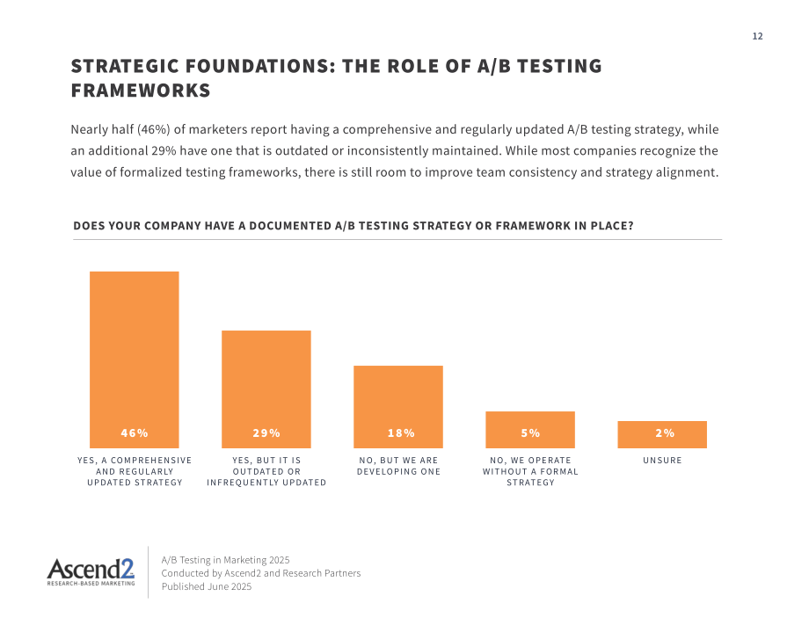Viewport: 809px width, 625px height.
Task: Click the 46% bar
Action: click(135, 360)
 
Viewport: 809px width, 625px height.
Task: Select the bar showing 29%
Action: click(266, 389)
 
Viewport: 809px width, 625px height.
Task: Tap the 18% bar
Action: click(398, 407)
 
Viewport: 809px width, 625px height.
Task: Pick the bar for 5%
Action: click(530, 430)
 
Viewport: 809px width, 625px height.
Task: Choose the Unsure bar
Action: click(662, 435)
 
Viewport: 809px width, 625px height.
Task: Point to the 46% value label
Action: click(135, 433)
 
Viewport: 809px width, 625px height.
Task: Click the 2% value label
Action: click(665, 433)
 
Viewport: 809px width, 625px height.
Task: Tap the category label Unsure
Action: click(662, 460)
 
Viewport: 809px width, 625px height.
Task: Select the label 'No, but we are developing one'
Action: click(398, 466)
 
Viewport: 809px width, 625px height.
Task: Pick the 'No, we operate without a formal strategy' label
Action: click(530, 471)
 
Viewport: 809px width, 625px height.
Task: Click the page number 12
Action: click(757, 36)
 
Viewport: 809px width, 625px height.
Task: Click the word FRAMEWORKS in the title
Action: click(141, 91)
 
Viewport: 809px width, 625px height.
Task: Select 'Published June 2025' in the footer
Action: click(207, 586)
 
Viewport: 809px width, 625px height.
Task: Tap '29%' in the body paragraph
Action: click(164, 151)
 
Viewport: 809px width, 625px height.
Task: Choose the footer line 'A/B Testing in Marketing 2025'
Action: click(225, 560)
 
